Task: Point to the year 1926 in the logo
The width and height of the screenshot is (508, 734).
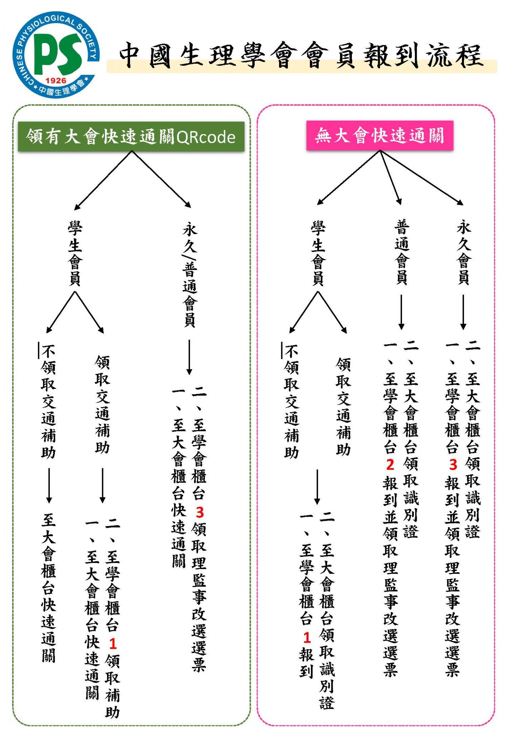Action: (x=56, y=81)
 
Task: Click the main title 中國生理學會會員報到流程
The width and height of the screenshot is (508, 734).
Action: (x=301, y=56)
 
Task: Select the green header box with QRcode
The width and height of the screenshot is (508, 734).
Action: (x=131, y=137)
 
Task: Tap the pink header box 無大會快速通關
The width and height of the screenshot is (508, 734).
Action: (x=380, y=135)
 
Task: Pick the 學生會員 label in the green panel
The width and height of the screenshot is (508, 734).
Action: (x=75, y=254)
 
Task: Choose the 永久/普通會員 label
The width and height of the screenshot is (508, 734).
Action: (x=190, y=275)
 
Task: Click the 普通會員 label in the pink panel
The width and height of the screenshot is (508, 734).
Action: (x=402, y=252)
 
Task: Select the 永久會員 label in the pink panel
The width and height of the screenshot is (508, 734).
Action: (x=464, y=252)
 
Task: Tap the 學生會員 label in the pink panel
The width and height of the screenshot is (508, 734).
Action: (x=318, y=254)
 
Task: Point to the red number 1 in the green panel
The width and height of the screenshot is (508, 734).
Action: (x=113, y=644)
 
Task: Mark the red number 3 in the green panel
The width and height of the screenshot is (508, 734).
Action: (x=200, y=513)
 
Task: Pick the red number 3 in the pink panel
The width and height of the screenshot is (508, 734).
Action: (x=453, y=464)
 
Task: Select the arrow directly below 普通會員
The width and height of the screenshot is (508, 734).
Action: (x=402, y=312)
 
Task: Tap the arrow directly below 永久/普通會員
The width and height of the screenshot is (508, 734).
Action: (x=189, y=357)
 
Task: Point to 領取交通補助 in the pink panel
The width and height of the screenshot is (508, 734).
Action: (x=343, y=406)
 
